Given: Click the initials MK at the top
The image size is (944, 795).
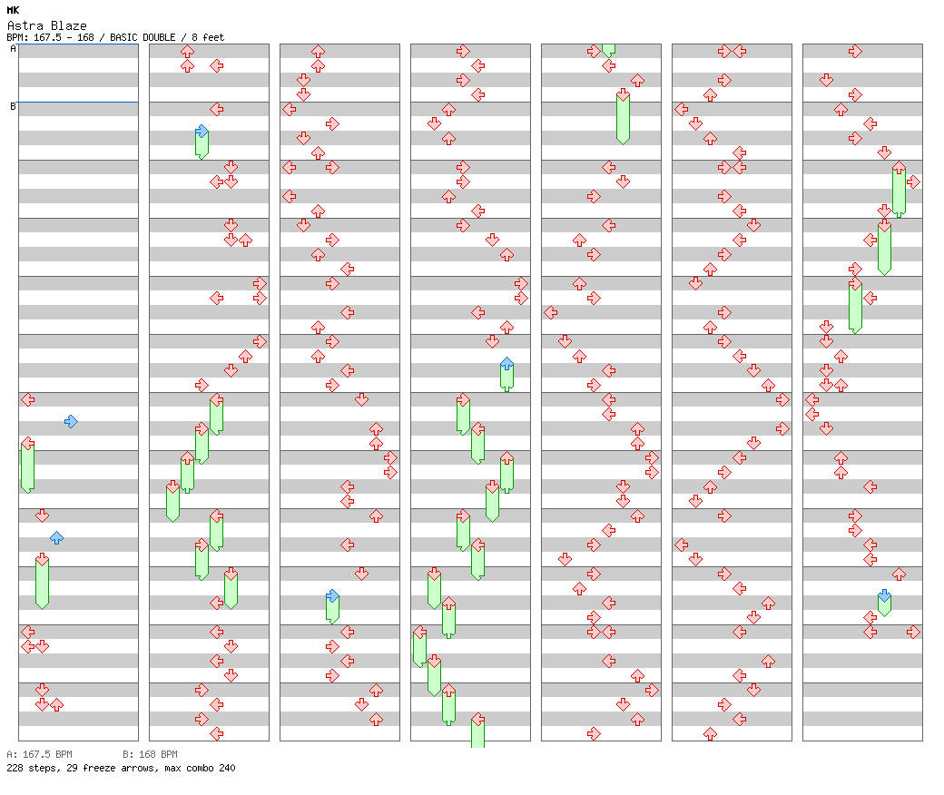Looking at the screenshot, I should click(x=13, y=10).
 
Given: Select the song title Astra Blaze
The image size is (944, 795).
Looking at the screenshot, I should click(x=46, y=25).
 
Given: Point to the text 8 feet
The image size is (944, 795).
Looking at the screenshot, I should click(x=205, y=37).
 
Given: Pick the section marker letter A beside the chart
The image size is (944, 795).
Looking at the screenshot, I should click(x=13, y=49).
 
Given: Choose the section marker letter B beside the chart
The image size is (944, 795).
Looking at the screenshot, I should click(x=13, y=106).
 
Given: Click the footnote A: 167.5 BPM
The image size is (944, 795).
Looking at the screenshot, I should click(x=39, y=754).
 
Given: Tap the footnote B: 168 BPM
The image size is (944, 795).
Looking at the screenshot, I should click(x=150, y=754).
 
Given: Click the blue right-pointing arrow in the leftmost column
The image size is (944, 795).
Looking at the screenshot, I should click(x=71, y=421).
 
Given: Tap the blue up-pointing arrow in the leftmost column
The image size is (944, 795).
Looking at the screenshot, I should click(x=56, y=537).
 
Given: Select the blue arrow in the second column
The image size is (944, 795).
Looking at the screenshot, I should click(x=202, y=132).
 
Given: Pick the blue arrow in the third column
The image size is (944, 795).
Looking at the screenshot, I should click(x=332, y=596).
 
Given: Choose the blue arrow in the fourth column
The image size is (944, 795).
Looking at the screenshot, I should click(x=506, y=364).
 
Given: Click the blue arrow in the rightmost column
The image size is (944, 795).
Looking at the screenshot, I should click(x=884, y=596).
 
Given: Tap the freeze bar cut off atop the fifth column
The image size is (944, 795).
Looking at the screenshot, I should click(x=608, y=49).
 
